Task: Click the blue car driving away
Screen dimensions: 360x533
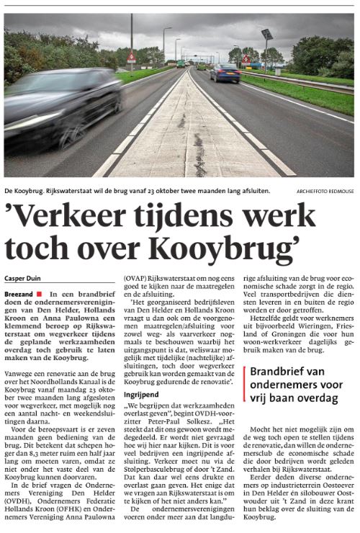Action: [x=225, y=73]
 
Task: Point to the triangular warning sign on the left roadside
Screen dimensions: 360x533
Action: [x=131, y=57]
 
